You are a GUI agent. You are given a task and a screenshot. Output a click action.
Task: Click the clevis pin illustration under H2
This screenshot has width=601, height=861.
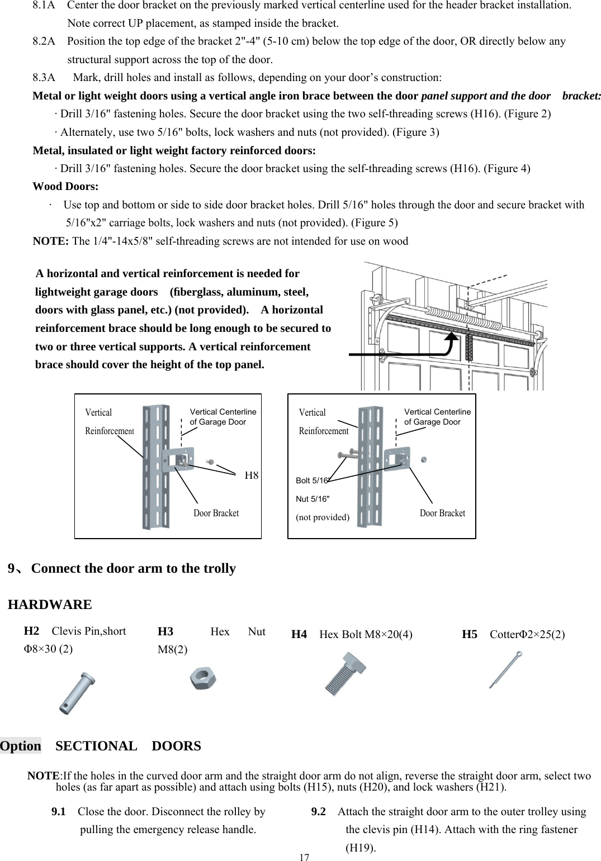[77, 693]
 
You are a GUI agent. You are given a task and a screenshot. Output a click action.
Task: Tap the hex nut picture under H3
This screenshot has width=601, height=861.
[204, 679]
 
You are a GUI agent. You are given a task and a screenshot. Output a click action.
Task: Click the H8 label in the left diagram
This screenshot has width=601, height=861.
[252, 475]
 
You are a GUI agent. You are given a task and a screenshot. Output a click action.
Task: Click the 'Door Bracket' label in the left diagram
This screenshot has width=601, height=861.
[216, 513]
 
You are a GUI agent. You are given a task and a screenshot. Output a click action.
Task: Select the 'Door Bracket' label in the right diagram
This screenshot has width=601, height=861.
[442, 513]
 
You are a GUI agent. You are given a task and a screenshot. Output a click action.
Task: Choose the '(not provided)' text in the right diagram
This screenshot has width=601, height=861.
[322, 517]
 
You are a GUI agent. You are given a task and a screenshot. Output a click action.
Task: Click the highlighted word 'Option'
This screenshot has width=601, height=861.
[21, 746]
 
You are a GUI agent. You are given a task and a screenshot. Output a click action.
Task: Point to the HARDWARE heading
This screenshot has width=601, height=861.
[50, 605]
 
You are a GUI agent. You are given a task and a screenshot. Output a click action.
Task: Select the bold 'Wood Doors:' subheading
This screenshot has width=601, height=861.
[65, 186]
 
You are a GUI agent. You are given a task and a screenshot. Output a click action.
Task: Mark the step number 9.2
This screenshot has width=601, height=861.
[319, 811]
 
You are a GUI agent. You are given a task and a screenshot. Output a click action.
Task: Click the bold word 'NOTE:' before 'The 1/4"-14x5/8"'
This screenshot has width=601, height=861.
[51, 241]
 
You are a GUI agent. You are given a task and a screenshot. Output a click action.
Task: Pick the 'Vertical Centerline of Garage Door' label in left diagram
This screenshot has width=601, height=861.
[223, 417]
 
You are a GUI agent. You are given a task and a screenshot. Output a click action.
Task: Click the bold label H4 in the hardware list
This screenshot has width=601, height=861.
[299, 634]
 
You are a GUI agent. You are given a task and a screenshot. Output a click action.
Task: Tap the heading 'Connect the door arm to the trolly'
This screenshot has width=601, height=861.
[134, 568]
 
